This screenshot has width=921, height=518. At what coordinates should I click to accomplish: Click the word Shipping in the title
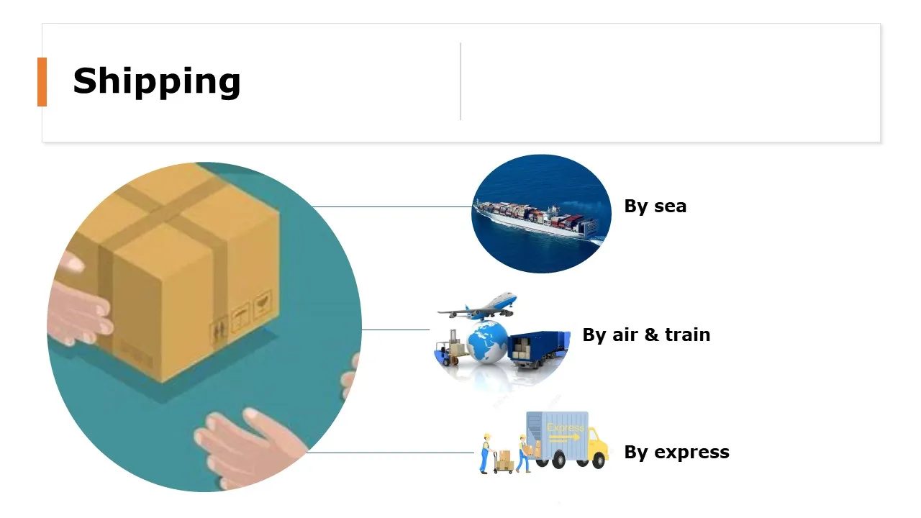[x=156, y=81]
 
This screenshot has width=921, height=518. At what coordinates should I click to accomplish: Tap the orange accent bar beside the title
[x=42, y=82]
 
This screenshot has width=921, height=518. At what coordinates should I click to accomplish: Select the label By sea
[x=655, y=206]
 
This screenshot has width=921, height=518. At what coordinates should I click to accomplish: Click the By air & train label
[x=646, y=335]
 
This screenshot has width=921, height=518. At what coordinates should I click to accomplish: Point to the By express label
[x=676, y=452]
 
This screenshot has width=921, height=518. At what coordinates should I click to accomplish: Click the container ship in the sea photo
[x=537, y=216]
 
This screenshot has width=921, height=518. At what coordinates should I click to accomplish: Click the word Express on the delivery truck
[x=566, y=427]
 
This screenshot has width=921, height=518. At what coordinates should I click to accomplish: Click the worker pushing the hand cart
[x=486, y=453]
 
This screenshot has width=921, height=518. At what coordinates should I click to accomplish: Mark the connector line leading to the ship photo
[x=392, y=207]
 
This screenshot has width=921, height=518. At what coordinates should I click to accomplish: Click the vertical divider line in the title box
[x=460, y=81]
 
